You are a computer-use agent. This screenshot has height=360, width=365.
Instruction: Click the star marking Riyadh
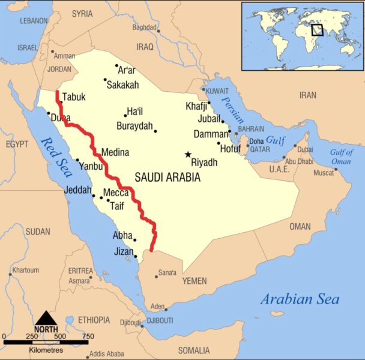[188, 154]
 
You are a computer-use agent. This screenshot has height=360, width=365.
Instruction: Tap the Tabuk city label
[74, 97]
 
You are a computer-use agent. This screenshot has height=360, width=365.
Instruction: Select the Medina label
[115, 152]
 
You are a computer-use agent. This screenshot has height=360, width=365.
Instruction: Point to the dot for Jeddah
[93, 196]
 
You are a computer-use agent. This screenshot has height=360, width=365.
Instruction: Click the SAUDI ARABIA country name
[167, 178]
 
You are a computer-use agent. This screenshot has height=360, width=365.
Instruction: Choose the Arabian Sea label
[300, 299]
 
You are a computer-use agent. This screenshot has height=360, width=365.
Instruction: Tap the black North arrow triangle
[46, 319]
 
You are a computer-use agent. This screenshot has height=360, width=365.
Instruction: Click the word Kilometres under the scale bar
[46, 349]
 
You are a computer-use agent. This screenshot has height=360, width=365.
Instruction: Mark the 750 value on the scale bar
[88, 336]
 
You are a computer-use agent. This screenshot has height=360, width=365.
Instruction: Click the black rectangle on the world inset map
[317, 29]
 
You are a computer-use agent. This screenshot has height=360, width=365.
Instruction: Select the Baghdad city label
[144, 27]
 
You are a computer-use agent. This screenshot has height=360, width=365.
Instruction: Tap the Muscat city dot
[336, 169]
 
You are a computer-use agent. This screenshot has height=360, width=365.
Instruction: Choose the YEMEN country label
[195, 281]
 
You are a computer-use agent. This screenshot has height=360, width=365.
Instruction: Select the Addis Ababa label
[106, 354]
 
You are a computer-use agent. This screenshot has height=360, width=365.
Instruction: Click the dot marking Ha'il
[125, 115]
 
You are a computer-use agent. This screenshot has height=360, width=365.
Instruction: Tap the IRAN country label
[307, 95]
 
